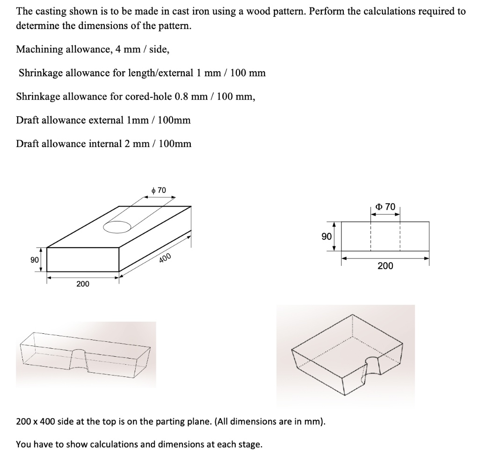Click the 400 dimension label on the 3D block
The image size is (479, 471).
click(x=166, y=257)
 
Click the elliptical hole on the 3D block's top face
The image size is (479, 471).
click(x=117, y=227)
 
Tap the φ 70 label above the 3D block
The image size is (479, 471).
click(x=159, y=190)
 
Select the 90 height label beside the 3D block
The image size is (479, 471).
click(x=34, y=260)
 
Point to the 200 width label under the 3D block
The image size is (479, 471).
click(x=83, y=284)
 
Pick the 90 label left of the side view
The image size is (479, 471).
click(x=327, y=237)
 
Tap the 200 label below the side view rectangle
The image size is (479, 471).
click(x=385, y=266)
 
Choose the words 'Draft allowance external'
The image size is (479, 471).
click(x=69, y=120)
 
